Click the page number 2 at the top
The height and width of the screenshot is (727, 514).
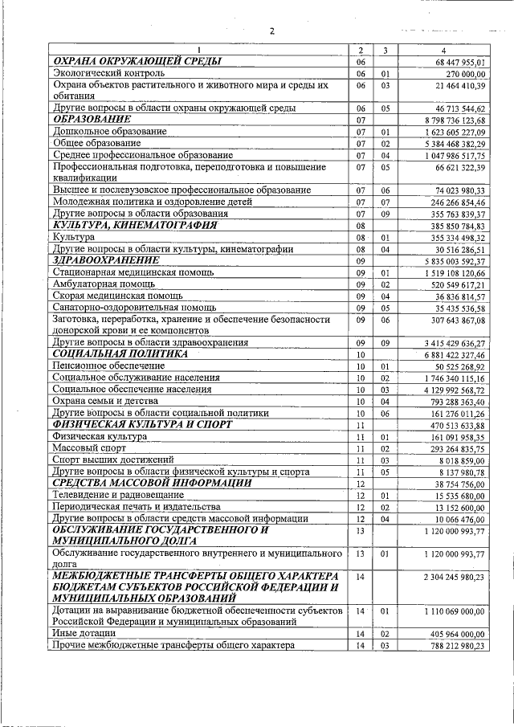[x=271, y=31]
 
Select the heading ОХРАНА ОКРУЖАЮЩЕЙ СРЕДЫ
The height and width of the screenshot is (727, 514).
[x=137, y=61]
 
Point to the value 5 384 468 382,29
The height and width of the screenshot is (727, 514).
[x=451, y=143]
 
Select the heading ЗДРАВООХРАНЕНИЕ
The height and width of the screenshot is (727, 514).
[x=105, y=261]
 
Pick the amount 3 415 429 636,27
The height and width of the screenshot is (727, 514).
[x=451, y=342]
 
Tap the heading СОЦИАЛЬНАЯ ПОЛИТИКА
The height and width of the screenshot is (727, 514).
[x=120, y=353]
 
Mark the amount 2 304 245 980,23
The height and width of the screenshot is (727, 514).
[x=451, y=577]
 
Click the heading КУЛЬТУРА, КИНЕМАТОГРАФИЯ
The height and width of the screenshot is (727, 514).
[x=134, y=226]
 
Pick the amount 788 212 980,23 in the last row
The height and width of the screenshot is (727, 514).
[x=455, y=645]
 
